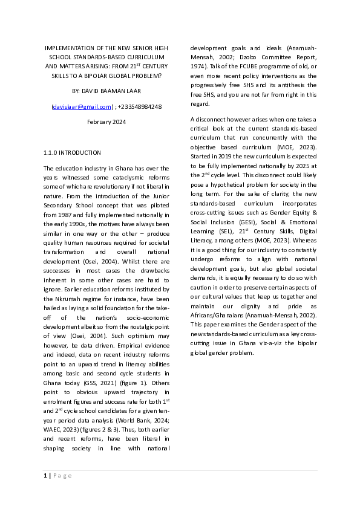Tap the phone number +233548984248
point(140,106)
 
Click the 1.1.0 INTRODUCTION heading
point(73,152)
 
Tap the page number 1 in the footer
point(45,476)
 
